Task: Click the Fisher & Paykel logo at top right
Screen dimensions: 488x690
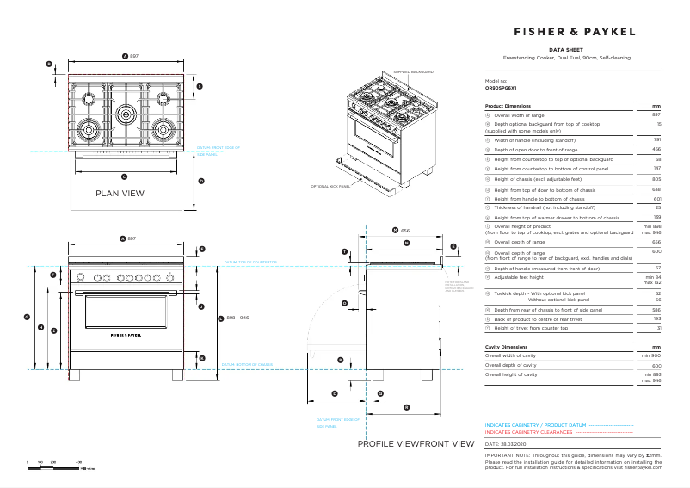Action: pyautogui.click(x=575, y=31)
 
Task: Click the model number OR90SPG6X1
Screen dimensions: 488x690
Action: pyautogui.click(x=501, y=89)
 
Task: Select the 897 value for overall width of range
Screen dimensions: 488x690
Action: pyautogui.click(x=656, y=114)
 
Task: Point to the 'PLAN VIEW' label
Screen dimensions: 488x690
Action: pyautogui.click(x=120, y=194)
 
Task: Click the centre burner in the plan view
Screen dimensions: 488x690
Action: pyautogui.click(x=126, y=111)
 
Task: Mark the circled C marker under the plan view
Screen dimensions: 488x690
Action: pyautogui.click(x=125, y=176)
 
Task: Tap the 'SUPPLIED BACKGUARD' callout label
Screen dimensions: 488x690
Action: pyautogui.click(x=413, y=72)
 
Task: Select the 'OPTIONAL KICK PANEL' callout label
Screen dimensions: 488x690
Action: pyautogui.click(x=330, y=185)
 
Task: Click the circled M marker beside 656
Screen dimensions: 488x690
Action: pyautogui.click(x=394, y=231)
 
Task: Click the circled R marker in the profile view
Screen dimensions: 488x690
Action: pyautogui.click(x=406, y=407)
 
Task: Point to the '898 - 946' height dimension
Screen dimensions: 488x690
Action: pyautogui.click(x=237, y=318)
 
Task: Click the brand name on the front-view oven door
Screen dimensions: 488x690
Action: pyautogui.click(x=126, y=334)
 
